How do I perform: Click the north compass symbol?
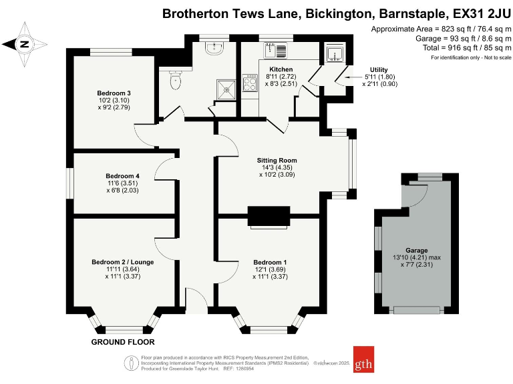[x=25, y=45]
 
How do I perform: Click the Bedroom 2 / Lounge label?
[x=122, y=262]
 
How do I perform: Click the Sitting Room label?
[x=277, y=161]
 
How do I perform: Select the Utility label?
[x=379, y=69]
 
